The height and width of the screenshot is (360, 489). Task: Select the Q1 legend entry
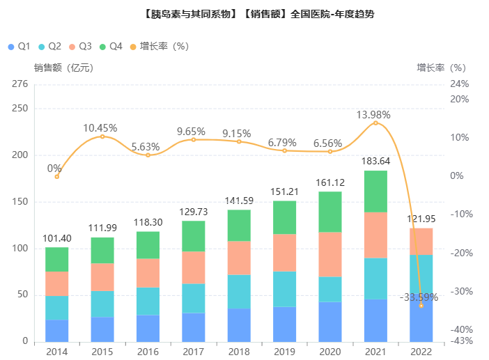19,47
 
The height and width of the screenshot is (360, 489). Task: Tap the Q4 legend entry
111,47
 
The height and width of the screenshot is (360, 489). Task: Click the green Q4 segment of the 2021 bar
375,191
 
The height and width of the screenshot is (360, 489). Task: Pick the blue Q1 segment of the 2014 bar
57,331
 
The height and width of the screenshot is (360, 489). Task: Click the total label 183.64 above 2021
375,162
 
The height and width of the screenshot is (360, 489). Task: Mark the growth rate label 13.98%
373,114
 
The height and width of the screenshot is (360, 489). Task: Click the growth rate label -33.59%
419,297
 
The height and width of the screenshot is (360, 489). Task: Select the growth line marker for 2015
102,136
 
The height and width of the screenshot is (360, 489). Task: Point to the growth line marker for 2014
57,176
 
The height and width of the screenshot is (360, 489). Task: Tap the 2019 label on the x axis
284,352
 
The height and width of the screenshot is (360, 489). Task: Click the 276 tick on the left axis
20,84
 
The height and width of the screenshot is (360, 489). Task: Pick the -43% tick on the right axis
460,341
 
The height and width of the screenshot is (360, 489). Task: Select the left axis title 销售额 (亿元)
63,68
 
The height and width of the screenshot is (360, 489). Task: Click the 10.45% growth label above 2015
100,127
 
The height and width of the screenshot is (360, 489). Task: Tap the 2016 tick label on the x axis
148,352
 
